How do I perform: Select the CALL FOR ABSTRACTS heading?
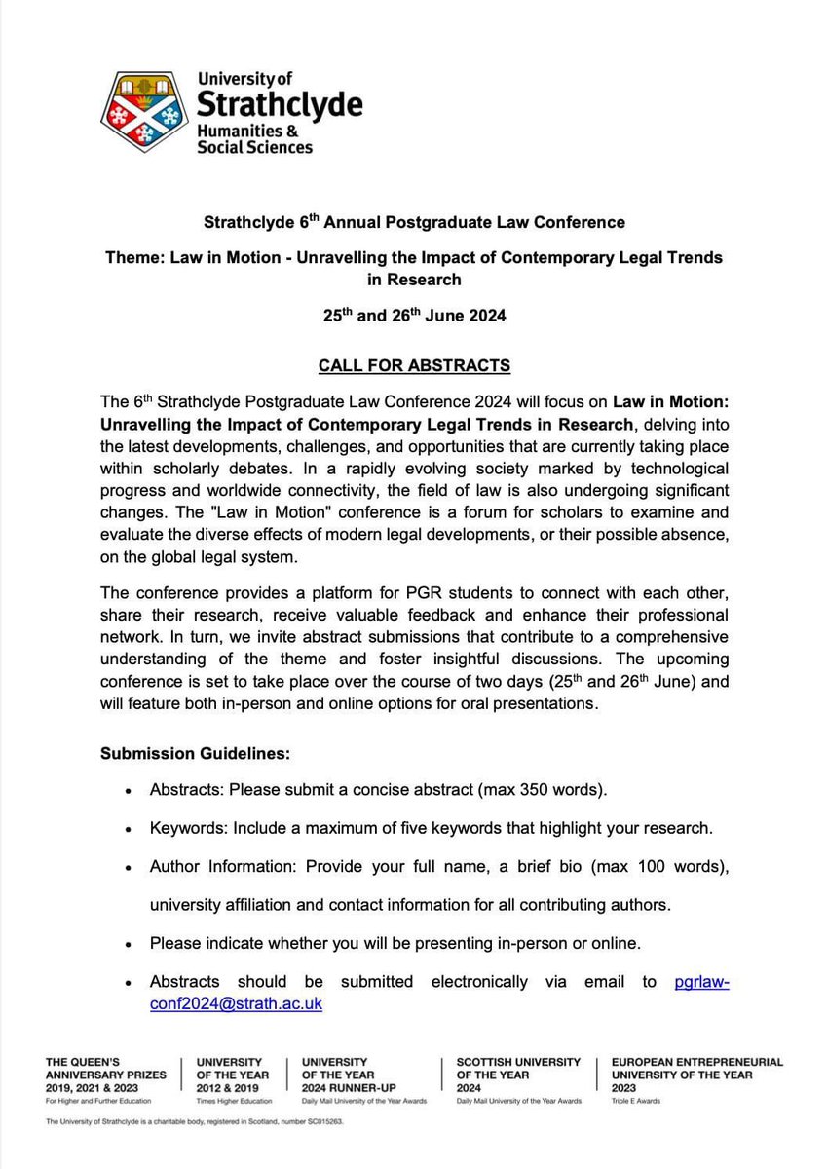pyautogui.click(x=413, y=366)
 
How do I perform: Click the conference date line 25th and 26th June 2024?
pyautogui.click(x=413, y=316)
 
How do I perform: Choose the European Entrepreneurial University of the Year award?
pyautogui.click(x=695, y=1072)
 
